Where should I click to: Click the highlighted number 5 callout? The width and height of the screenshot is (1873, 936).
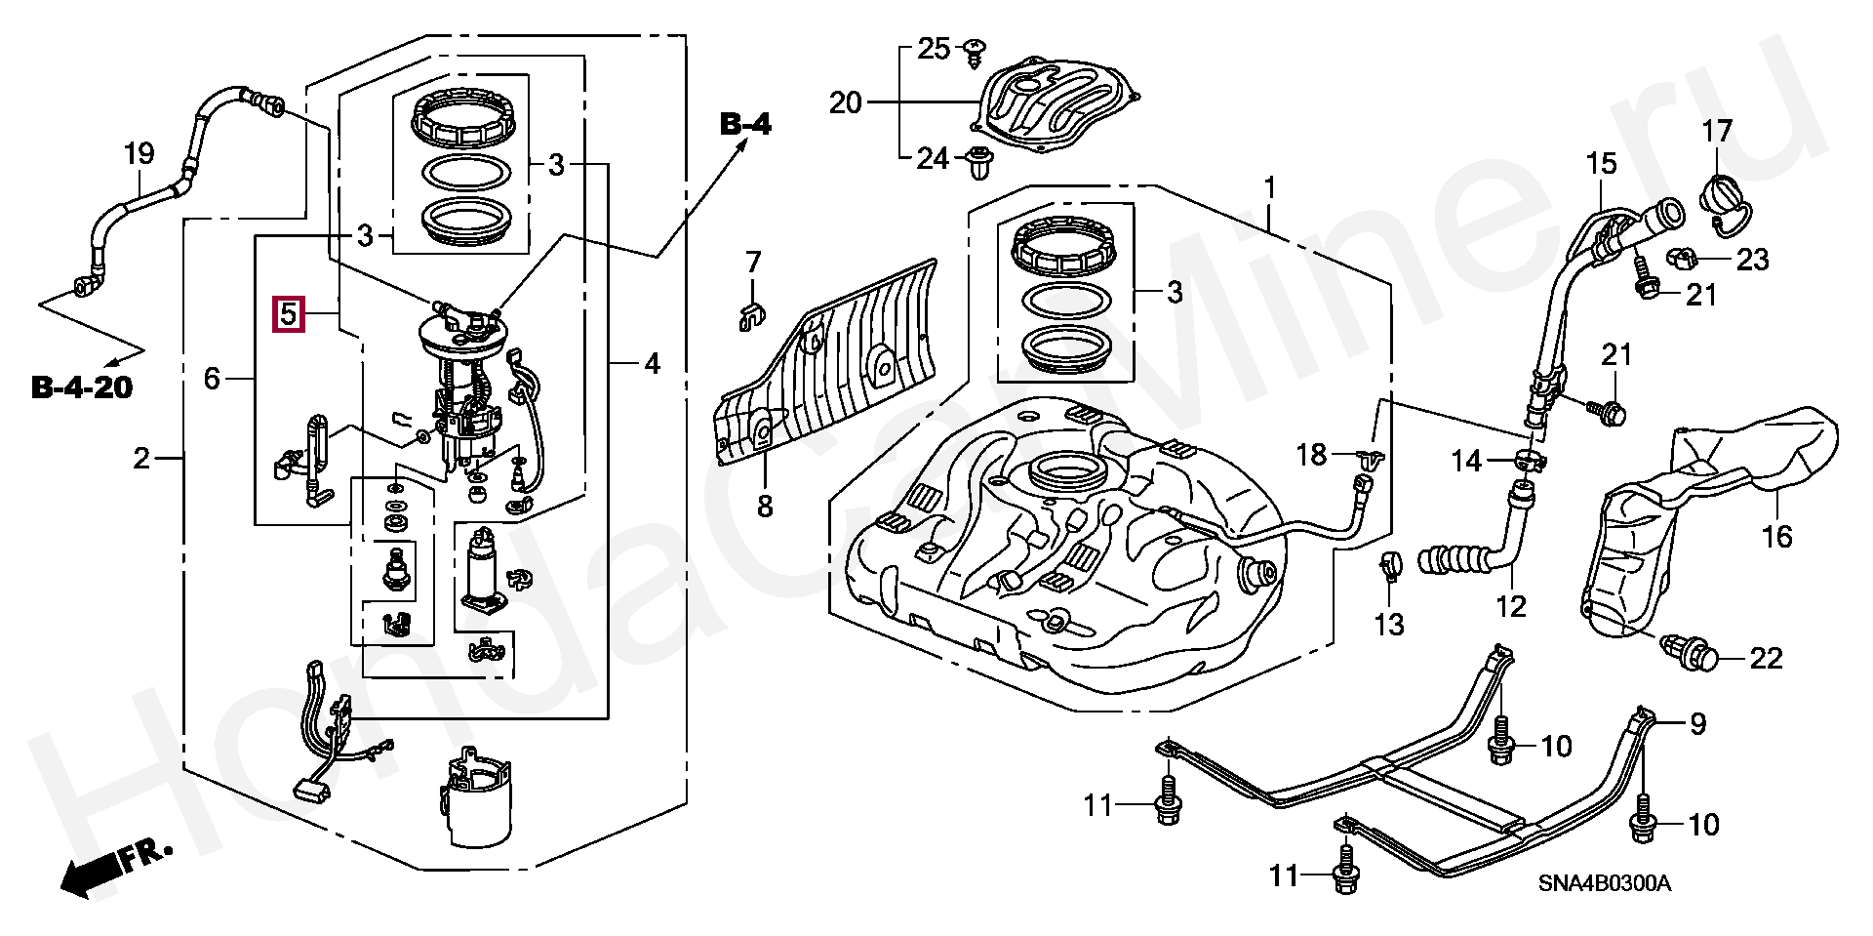pyautogui.click(x=289, y=314)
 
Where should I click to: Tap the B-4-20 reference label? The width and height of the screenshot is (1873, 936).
pyautogui.click(x=82, y=387)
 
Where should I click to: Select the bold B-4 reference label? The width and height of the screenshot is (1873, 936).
pyautogui.click(x=745, y=124)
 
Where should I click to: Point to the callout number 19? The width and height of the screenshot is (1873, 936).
pyautogui.click(x=139, y=154)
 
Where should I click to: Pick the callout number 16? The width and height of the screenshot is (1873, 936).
pyautogui.click(x=1776, y=536)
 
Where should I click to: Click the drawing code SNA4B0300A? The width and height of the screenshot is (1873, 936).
pyautogui.click(x=1604, y=884)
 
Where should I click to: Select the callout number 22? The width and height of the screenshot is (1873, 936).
pyautogui.click(x=1766, y=659)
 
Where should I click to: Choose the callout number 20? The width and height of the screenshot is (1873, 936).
pyautogui.click(x=846, y=102)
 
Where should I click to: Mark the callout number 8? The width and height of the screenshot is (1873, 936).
pyautogui.click(x=765, y=506)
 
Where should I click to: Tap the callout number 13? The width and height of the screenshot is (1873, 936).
pyautogui.click(x=1389, y=625)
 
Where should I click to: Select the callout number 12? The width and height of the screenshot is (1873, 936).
pyautogui.click(x=1510, y=606)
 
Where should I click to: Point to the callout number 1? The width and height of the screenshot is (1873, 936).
pyautogui.click(x=1269, y=186)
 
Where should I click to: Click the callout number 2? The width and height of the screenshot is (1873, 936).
pyautogui.click(x=142, y=458)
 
